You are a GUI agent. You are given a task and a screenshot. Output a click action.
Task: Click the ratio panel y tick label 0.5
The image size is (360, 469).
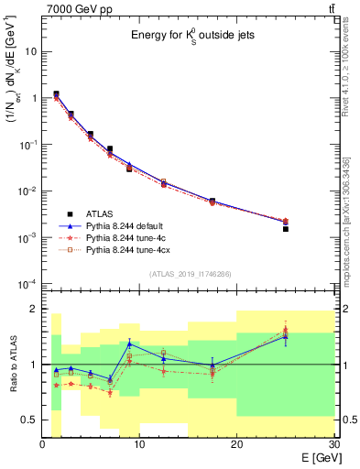(x=29, y=420)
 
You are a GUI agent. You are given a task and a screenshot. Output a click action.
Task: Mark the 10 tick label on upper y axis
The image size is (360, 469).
(x=31, y=51)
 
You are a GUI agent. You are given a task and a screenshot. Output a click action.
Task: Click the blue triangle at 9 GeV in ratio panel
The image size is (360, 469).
(x=129, y=344)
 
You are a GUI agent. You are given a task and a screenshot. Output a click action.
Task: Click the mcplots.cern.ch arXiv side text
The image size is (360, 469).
(x=352, y=211)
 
